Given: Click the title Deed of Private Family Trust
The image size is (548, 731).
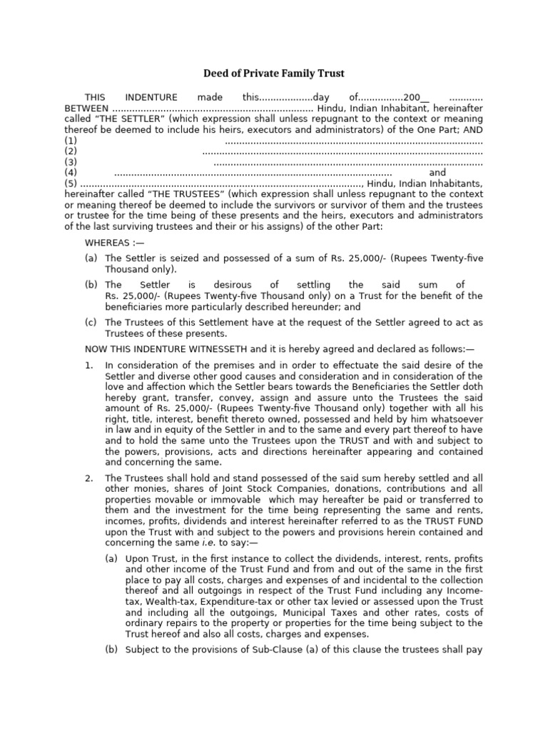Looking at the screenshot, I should click(275, 74).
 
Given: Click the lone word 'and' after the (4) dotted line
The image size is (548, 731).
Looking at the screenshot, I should click(437, 173).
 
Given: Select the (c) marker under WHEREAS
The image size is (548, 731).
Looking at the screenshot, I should click(91, 323).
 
